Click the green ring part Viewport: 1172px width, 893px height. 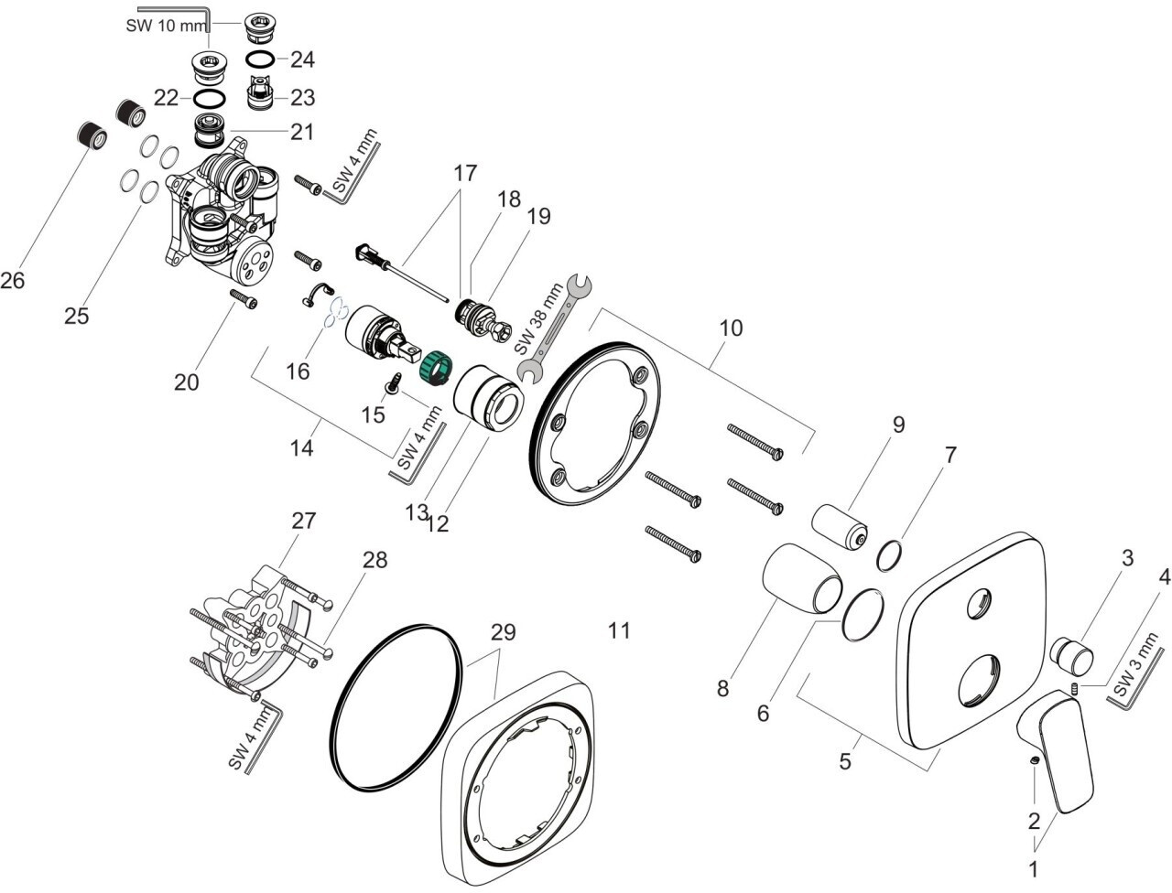(x=436, y=368)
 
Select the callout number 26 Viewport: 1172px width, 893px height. (x=12, y=280)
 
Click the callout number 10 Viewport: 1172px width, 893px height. (x=731, y=328)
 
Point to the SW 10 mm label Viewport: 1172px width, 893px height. (x=166, y=25)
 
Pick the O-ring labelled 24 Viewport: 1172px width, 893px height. (x=261, y=59)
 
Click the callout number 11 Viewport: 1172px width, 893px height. (x=619, y=631)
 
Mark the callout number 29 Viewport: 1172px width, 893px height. (x=503, y=632)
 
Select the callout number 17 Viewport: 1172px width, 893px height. (x=464, y=173)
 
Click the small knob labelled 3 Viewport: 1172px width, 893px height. (x=1071, y=656)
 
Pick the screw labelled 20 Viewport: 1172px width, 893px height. (x=244, y=298)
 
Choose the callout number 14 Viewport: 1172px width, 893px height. (x=301, y=447)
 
